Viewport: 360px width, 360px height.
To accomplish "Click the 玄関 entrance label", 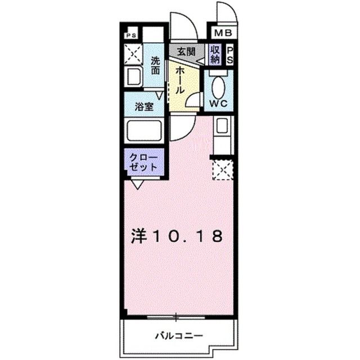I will (186, 51).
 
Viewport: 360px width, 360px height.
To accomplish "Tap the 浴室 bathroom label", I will (143, 107).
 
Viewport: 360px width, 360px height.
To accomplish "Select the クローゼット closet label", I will (144, 163).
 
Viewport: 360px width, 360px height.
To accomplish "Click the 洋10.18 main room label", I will (178, 236).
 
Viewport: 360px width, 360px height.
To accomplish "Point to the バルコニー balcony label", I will (179, 336).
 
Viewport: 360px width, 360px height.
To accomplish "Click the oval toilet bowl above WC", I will (219, 87).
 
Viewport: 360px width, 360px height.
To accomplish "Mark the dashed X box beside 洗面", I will (133, 55).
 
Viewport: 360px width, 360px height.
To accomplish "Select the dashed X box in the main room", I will (222, 169).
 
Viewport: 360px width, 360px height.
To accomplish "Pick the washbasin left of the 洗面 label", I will (134, 77).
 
